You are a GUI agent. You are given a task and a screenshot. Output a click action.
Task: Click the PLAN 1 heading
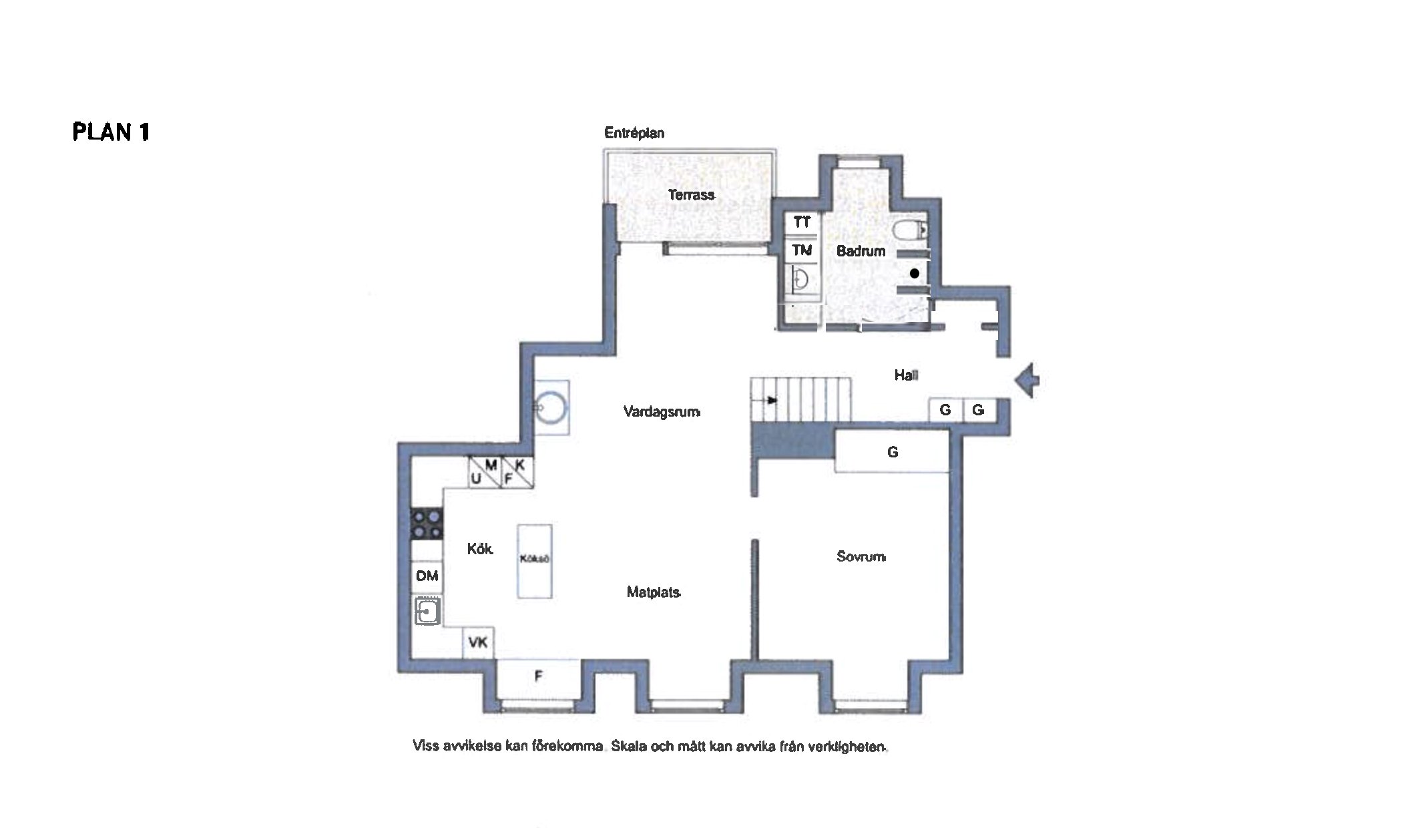coord(111,132)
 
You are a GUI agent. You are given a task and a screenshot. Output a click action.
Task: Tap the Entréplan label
coord(634,133)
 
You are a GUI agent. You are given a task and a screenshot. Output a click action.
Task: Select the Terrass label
coord(692,194)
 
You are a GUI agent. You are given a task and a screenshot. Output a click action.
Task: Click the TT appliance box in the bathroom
coord(802,222)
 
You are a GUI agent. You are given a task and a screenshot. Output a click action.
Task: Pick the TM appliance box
coord(802,250)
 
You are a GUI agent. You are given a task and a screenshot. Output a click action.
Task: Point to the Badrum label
coord(861,251)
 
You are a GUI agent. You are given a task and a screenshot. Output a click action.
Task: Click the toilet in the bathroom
coord(909,230)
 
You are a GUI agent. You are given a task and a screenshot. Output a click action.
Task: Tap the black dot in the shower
coord(915,273)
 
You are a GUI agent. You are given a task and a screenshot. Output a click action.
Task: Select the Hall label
coord(906,375)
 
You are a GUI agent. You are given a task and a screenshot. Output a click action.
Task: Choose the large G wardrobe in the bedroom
coord(892,451)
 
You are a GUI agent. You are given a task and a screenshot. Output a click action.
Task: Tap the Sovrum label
coord(861,556)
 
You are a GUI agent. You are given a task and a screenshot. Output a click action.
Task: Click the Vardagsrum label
coord(662,411)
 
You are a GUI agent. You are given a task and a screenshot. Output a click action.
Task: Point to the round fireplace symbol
coord(551,407)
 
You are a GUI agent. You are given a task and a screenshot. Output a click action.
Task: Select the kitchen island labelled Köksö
coord(535,560)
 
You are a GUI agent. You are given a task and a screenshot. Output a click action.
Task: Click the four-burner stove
coord(426,524)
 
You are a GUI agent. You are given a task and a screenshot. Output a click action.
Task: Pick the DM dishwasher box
coord(427,576)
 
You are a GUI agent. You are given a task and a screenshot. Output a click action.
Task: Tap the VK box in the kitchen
coord(478,643)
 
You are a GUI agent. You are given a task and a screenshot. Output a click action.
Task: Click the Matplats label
coord(654,592)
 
